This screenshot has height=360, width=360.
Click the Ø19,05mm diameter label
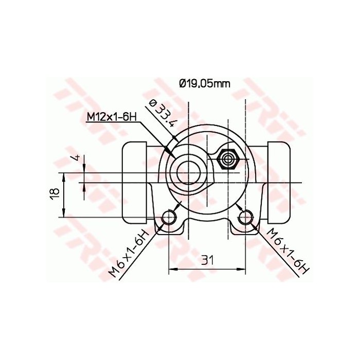tap(204, 83)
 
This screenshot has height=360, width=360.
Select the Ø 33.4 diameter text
tap(161, 113)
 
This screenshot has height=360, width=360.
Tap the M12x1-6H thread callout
tap(111, 117)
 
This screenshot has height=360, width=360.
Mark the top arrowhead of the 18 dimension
tap(64, 176)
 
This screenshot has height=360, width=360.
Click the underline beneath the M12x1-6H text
tap(111, 123)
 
